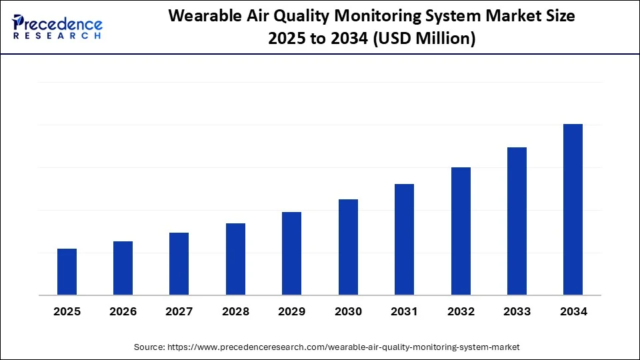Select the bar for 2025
(x=67, y=272)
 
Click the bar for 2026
(x=123, y=268)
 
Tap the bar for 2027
(x=179, y=264)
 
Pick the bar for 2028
(x=235, y=259)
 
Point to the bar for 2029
(x=291, y=253)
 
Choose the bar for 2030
(x=348, y=247)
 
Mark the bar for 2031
(x=404, y=239)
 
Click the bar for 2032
(x=461, y=231)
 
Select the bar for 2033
(x=517, y=221)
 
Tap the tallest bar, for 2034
(x=573, y=209)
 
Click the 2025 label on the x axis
(x=67, y=311)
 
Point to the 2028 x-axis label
(x=235, y=311)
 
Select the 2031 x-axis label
(x=404, y=311)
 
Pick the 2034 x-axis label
(x=573, y=311)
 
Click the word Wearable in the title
(x=201, y=17)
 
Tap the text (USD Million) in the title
(x=423, y=39)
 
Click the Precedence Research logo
(x=57, y=27)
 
